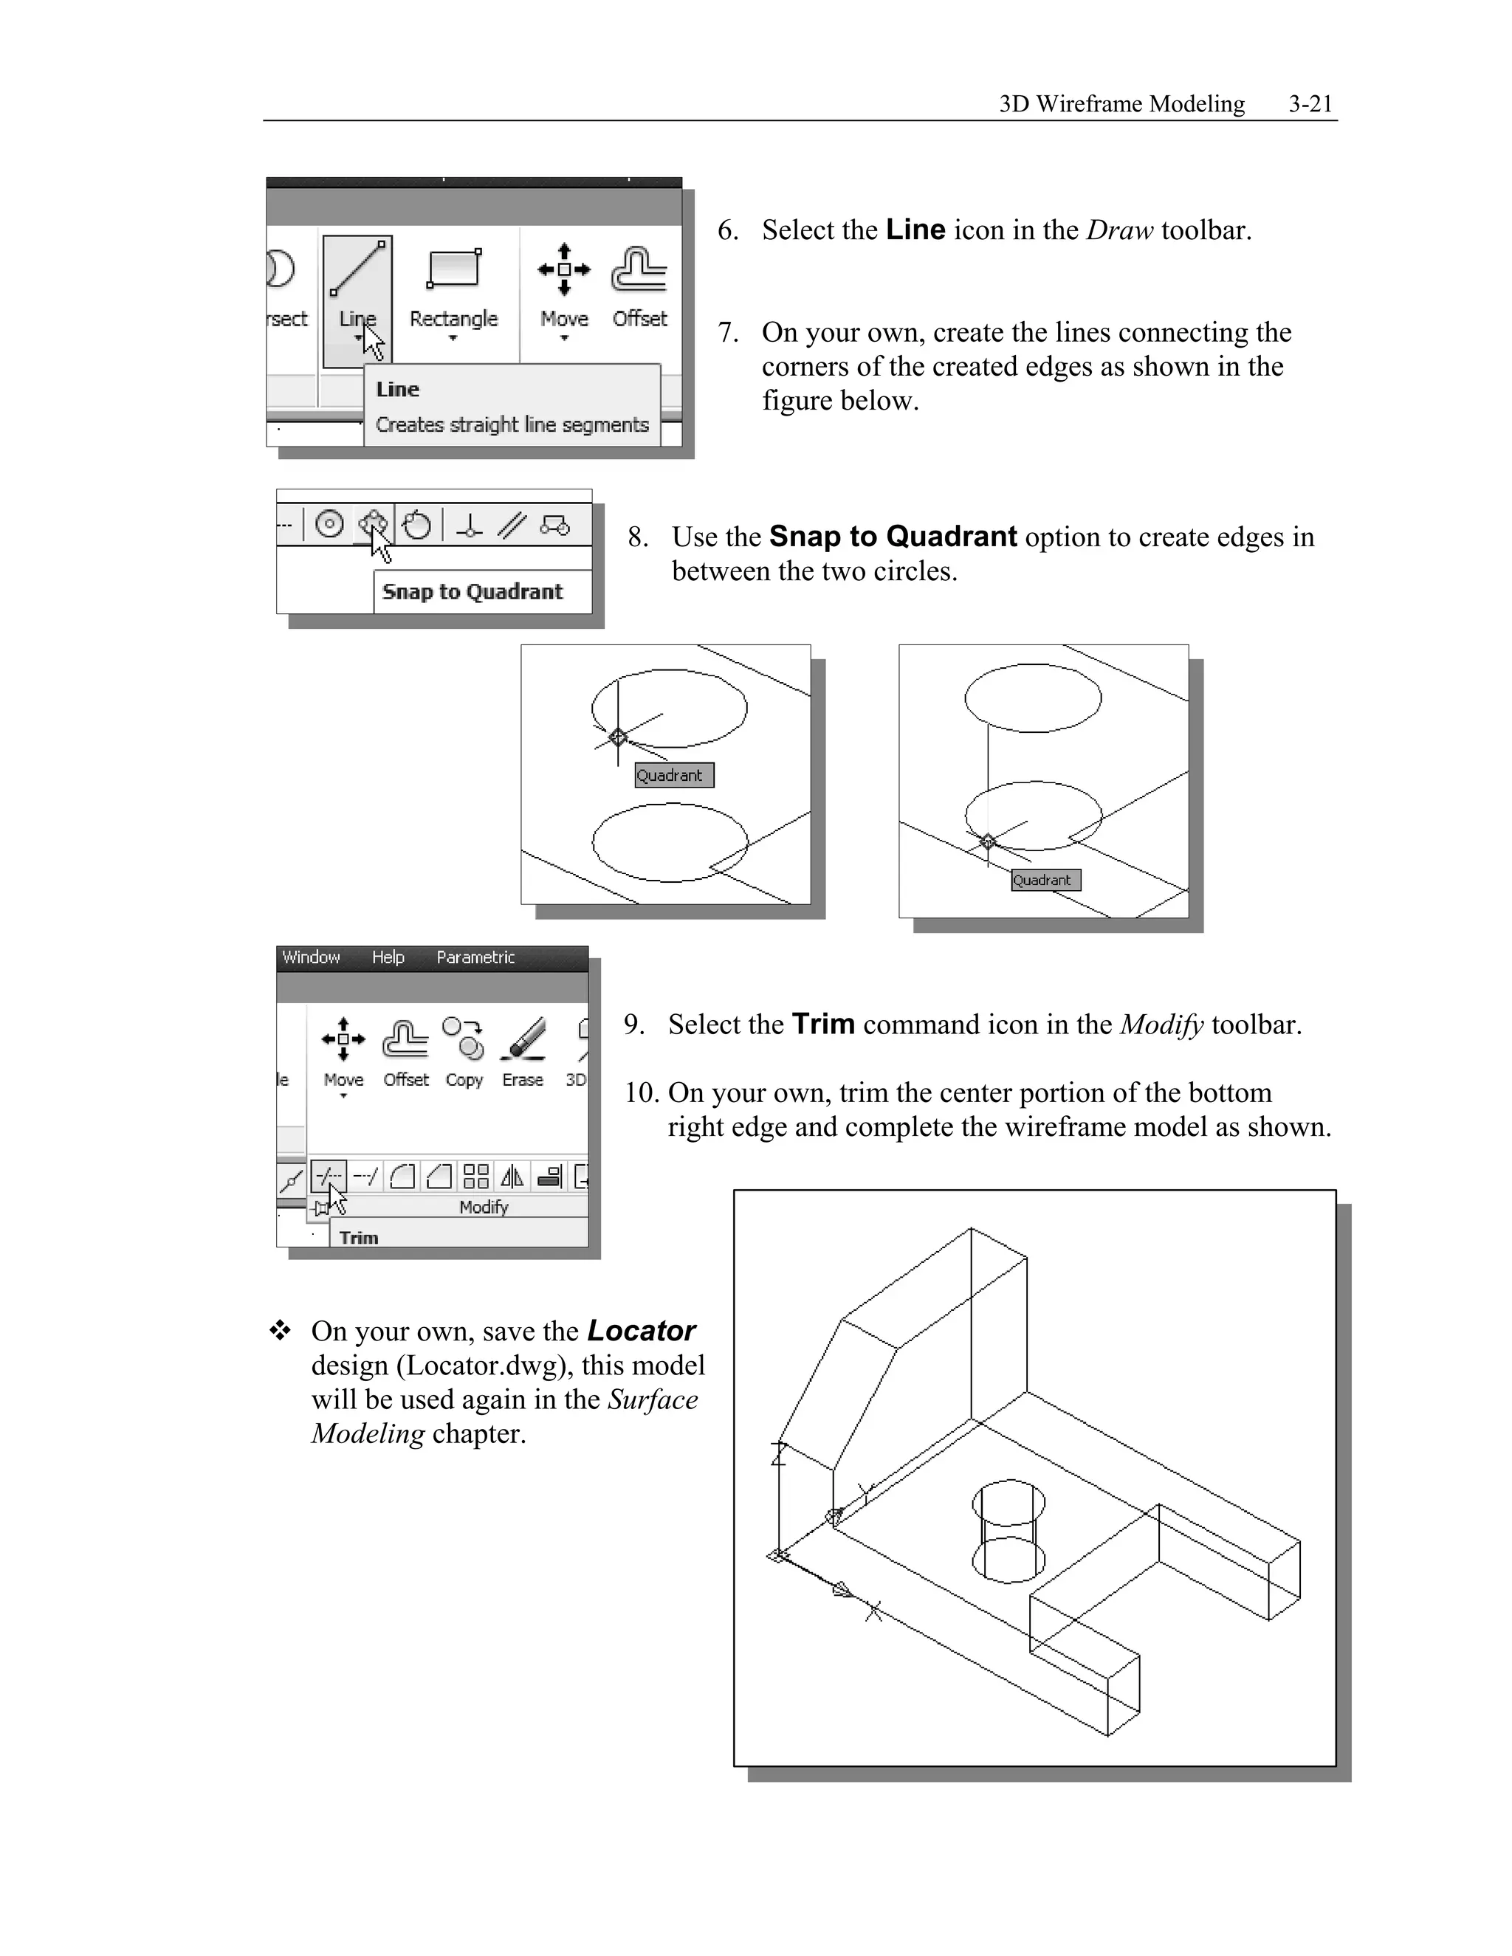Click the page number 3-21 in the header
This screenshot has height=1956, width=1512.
1310,104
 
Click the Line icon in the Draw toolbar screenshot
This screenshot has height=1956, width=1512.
357,269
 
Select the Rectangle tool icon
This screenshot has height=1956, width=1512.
454,269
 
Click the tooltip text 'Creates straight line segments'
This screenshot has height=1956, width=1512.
512,424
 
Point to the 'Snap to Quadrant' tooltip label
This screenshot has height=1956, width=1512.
472,592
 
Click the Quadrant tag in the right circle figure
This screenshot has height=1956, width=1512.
1045,881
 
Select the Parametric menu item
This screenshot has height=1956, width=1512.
475,957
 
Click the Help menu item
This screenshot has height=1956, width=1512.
388,957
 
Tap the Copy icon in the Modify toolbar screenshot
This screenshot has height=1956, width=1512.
464,1039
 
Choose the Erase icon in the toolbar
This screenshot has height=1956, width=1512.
523,1039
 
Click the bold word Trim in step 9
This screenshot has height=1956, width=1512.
823,1024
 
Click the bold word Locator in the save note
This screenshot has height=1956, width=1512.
642,1331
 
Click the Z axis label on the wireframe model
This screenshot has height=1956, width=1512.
778,1453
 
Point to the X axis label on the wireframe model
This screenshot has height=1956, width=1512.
873,1612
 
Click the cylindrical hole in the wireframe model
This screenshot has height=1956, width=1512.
1008,1531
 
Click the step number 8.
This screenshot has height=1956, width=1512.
638,537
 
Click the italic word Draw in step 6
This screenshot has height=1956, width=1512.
1118,230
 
